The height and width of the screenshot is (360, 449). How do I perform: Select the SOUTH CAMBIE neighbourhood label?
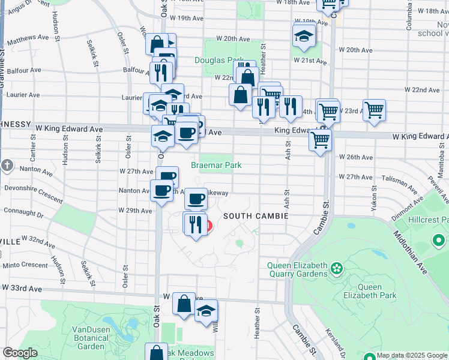pos(256,215)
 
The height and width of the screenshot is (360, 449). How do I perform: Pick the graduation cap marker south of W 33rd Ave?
pos(206,311)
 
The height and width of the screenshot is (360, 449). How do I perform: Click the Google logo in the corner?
pos(20,353)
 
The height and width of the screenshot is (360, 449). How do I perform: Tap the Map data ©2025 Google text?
pos(412,355)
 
